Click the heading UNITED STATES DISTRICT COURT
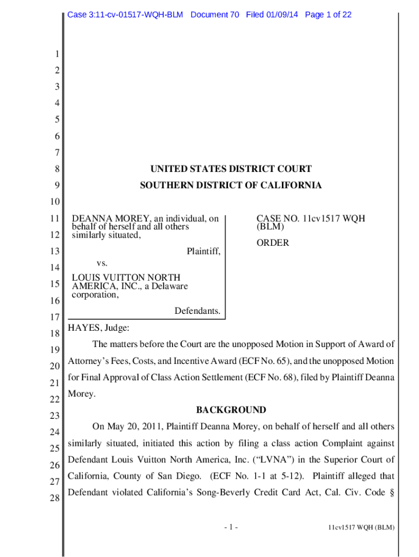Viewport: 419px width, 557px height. click(231, 169)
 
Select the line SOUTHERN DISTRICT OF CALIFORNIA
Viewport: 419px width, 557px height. click(231, 185)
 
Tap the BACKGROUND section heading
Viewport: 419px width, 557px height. click(231, 410)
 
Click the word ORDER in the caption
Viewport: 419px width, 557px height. click(273, 243)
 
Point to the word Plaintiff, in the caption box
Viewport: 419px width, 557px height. click(204, 251)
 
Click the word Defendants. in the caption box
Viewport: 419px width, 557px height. click(197, 311)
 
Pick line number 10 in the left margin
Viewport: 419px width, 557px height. click(54, 202)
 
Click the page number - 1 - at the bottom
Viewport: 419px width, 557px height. click(231, 527)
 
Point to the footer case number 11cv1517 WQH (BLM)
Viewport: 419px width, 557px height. click(361, 528)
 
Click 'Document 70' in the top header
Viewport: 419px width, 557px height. click(215, 15)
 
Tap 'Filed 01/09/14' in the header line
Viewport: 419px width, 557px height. click(272, 15)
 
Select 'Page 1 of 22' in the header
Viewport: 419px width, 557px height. click(328, 15)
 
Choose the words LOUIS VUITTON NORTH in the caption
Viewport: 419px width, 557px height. click(126, 277)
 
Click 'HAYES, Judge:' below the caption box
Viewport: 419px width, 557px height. click(98, 328)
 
